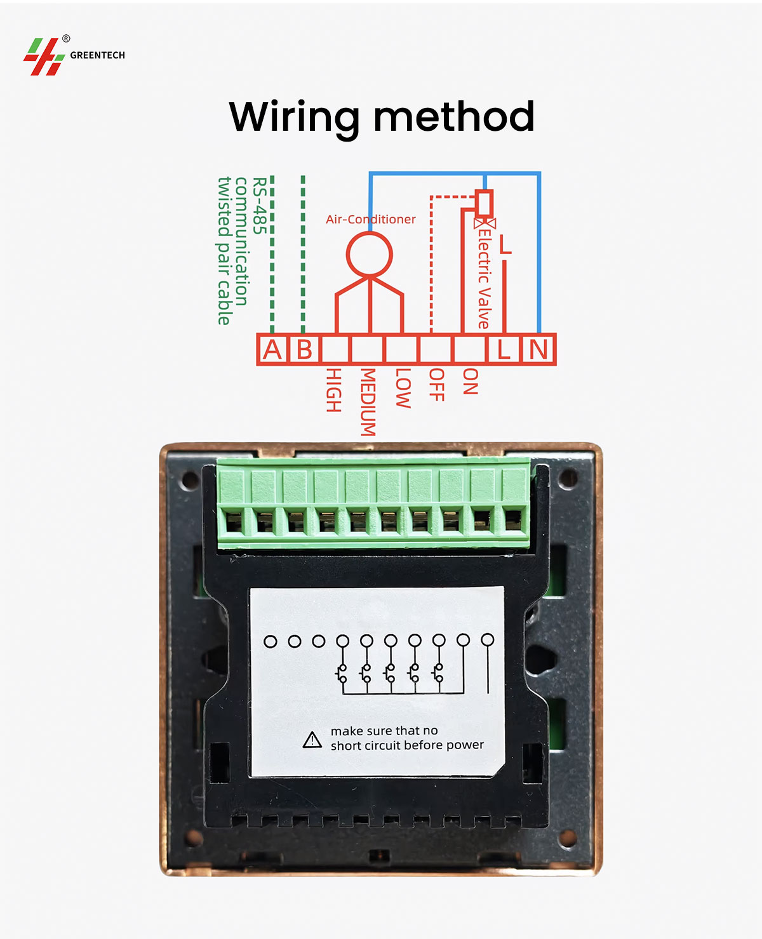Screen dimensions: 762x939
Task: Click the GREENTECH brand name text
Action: click(97, 55)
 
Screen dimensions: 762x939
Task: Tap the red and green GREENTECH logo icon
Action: click(44, 57)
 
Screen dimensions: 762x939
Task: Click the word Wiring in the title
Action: click(295, 117)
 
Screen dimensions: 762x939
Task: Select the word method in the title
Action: click(454, 116)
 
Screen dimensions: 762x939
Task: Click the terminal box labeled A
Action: click(272, 349)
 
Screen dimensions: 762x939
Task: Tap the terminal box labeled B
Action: click(304, 349)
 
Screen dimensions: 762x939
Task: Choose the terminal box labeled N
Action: click(538, 349)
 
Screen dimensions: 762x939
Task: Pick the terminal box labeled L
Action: click(504, 349)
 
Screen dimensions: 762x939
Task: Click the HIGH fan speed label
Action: click(333, 390)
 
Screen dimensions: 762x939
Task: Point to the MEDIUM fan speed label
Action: click(368, 402)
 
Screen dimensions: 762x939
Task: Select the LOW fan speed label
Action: click(403, 389)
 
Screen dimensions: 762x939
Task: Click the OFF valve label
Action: click(437, 385)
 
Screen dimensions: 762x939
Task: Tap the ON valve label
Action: click(471, 382)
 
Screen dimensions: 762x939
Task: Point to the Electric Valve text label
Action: click(484, 279)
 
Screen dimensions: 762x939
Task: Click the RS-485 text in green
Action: click(260, 206)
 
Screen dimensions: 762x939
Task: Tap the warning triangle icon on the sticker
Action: click(312, 740)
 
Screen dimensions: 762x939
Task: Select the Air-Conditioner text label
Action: click(370, 219)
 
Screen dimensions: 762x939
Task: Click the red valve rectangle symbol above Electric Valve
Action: click(484, 203)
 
